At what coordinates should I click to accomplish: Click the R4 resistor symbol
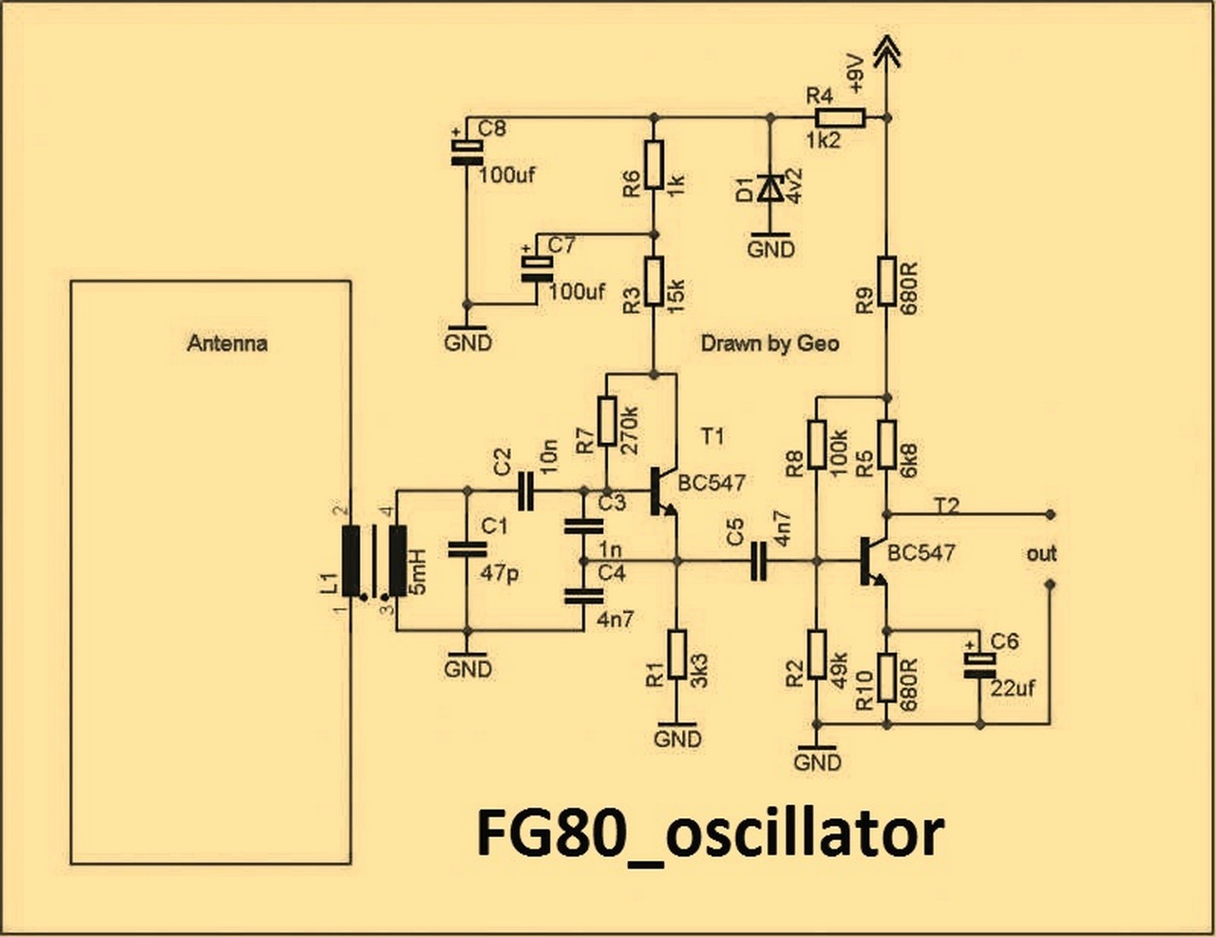click(x=841, y=118)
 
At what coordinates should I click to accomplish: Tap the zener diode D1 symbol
click(x=770, y=187)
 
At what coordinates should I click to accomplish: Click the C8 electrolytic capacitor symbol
click(x=466, y=152)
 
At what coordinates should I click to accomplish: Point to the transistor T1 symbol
click(x=664, y=492)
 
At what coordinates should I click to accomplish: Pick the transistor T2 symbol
click(x=873, y=562)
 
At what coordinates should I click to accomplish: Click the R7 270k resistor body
click(x=607, y=421)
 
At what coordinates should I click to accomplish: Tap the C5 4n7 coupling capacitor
click(x=759, y=561)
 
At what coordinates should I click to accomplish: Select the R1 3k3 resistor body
click(x=677, y=655)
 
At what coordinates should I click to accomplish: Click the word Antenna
click(x=227, y=343)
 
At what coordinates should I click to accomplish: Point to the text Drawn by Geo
click(x=770, y=343)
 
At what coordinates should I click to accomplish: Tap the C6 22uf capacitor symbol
click(x=979, y=665)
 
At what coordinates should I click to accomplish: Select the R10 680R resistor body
click(x=886, y=677)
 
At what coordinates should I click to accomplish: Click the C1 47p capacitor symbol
click(x=467, y=549)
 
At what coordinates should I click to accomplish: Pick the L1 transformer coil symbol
click(x=374, y=561)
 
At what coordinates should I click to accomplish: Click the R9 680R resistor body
click(x=886, y=280)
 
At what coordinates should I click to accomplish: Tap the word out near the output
click(x=1041, y=554)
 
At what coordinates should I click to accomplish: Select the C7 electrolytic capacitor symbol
click(x=537, y=269)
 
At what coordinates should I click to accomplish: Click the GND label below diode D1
click(x=770, y=249)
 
